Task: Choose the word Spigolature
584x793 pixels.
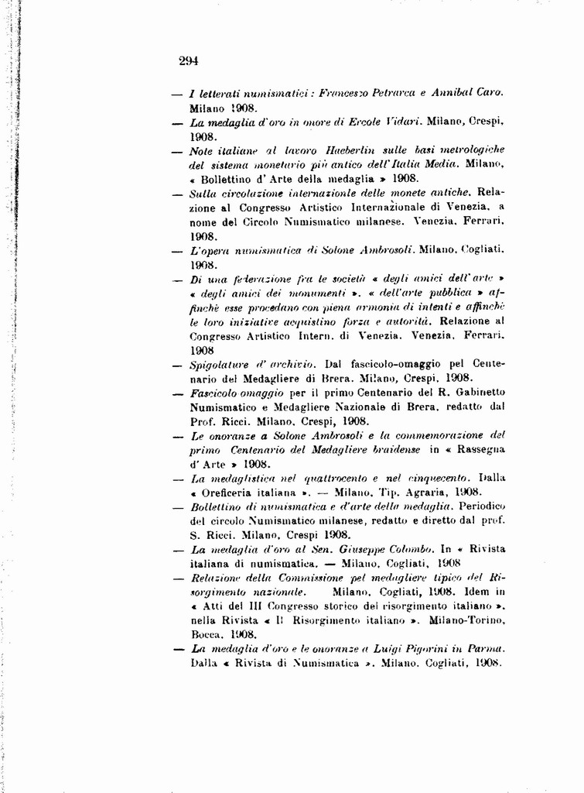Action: pyautogui.click(x=217, y=364)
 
